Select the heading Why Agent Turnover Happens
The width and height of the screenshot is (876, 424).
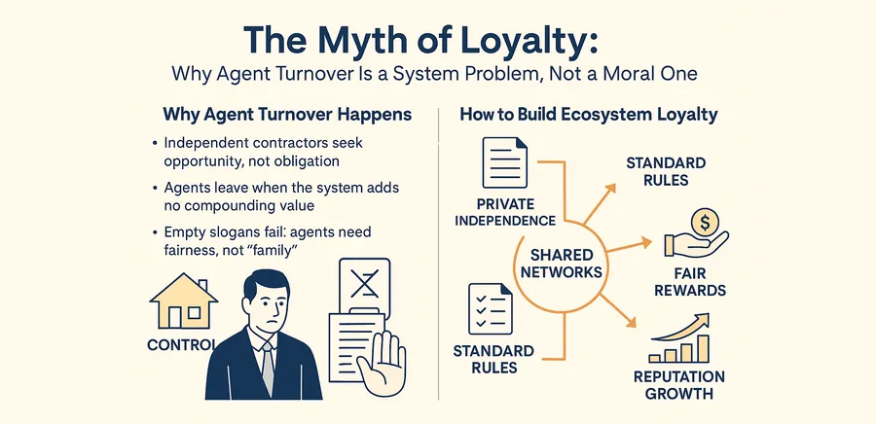pyautogui.click(x=287, y=115)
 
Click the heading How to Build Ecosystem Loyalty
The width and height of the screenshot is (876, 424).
pyautogui.click(x=588, y=115)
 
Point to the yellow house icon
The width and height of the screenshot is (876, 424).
pyautogui.click(x=183, y=300)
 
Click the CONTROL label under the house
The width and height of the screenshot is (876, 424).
pyautogui.click(x=181, y=345)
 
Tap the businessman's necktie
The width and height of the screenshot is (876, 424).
pyautogui.click(x=268, y=369)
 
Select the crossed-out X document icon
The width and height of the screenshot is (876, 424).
pyautogui.click(x=364, y=285)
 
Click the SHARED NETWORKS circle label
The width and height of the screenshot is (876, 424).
pyautogui.click(x=562, y=264)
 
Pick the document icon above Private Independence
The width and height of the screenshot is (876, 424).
pyautogui.click(x=504, y=162)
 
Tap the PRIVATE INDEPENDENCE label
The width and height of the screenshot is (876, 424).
pyautogui.click(x=505, y=211)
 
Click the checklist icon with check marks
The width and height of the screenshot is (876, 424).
pyautogui.click(x=490, y=308)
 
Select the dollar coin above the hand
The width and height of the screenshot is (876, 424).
pyautogui.click(x=705, y=223)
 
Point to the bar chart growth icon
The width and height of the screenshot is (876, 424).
pyautogui.click(x=678, y=338)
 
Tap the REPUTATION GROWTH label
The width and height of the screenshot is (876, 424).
pyautogui.click(x=678, y=384)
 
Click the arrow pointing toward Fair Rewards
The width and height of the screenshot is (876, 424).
pyautogui.click(x=629, y=246)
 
